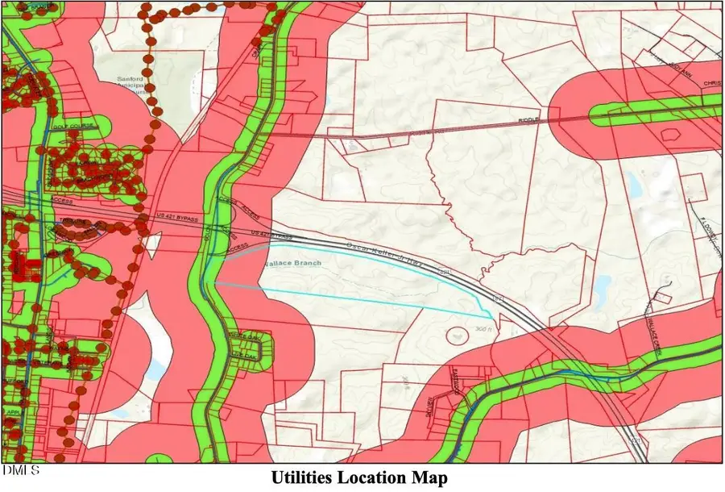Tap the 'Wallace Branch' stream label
(x=295, y=263)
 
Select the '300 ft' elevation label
(x=483, y=330)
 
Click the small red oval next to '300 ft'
(x=458, y=332)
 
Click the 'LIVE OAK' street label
(x=241, y=354)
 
